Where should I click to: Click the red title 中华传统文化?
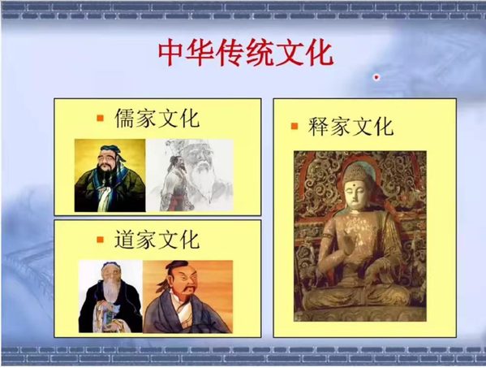point(246,53)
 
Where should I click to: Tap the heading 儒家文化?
point(157,119)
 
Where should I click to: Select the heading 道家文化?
point(157,239)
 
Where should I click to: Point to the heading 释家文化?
point(351,126)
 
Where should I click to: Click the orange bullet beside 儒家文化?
point(100,119)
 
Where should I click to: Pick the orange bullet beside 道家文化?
point(100,240)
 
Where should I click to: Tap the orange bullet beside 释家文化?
point(295,126)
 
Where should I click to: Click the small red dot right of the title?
point(376,77)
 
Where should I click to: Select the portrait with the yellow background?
point(110,175)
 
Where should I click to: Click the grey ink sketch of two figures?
point(190,175)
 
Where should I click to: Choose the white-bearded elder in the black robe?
point(110,297)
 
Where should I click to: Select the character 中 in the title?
point(171,53)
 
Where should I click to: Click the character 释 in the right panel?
point(318,126)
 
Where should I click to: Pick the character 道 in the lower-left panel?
point(125,239)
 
